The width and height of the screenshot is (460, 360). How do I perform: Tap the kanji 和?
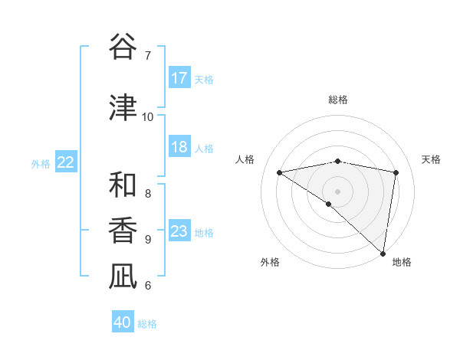click(123, 185)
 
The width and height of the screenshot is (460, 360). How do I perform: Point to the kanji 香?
click(123, 231)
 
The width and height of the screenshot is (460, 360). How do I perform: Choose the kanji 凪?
click(123, 277)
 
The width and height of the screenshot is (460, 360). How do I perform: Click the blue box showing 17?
click(179, 78)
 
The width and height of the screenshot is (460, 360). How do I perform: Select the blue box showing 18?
click(179, 147)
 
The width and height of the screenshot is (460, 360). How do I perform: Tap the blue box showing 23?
click(179, 231)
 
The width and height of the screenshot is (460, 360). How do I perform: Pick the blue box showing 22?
click(66, 162)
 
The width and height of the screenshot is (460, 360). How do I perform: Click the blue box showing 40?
click(123, 322)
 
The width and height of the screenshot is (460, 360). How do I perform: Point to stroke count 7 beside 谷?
click(147, 55)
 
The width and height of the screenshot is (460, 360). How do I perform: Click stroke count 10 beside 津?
click(147, 116)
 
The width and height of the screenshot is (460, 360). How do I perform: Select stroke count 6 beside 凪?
click(147, 286)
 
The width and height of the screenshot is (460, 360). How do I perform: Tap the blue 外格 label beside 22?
click(41, 163)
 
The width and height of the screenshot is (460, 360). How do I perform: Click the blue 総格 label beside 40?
click(147, 324)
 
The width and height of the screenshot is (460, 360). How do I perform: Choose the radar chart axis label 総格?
click(337, 100)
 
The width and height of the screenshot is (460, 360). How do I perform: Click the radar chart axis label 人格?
click(245, 159)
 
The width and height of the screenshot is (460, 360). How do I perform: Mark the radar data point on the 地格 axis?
click(383, 253)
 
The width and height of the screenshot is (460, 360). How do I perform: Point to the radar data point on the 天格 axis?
click(396, 172)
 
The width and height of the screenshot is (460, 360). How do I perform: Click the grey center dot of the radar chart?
click(337, 190)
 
